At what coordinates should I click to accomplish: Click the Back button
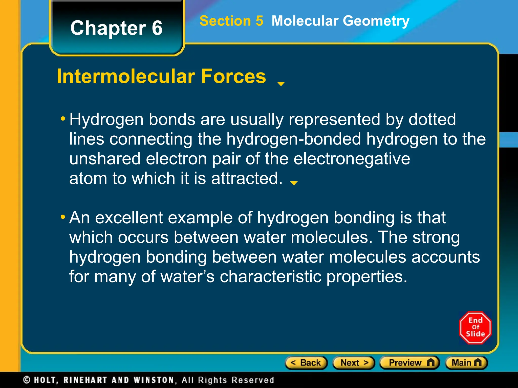(x=306, y=363)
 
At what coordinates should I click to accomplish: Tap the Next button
(x=354, y=363)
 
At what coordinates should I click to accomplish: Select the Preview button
(x=410, y=363)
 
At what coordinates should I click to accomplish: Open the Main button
(x=466, y=363)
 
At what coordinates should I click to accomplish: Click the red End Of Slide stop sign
(x=475, y=328)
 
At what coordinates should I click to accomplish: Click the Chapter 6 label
(x=116, y=28)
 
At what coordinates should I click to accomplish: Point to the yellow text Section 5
(x=231, y=21)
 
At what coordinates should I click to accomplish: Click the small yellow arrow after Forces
(x=281, y=84)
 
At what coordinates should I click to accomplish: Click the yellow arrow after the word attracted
(x=294, y=183)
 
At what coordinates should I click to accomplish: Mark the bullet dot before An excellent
(x=63, y=217)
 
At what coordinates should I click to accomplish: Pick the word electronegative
(x=352, y=159)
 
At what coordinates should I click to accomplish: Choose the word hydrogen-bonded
(x=294, y=139)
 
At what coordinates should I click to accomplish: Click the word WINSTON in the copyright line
(x=154, y=380)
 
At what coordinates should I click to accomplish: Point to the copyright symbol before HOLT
(x=27, y=380)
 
